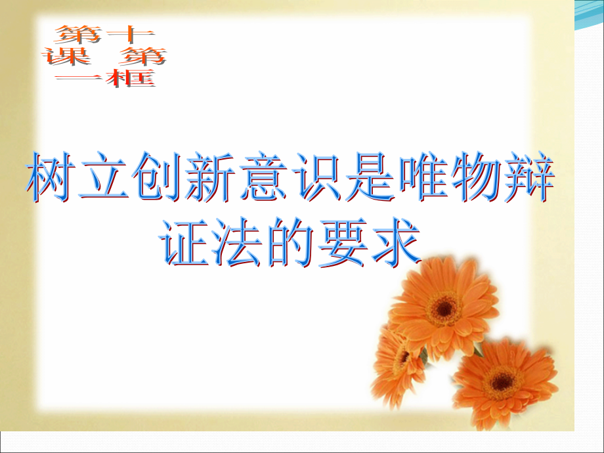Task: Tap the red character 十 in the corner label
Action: coord(122,33)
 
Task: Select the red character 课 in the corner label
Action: coord(66,56)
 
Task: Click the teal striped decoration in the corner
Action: coord(588,16)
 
